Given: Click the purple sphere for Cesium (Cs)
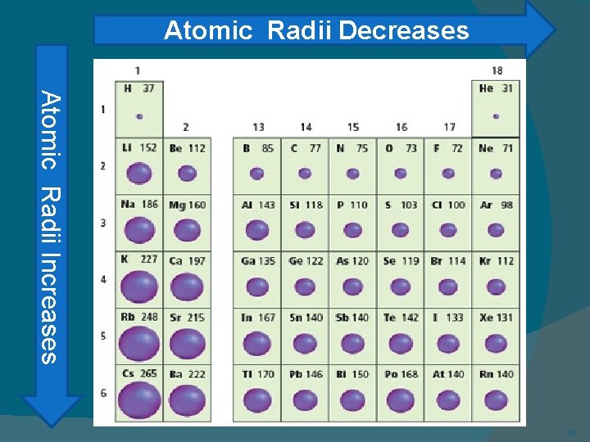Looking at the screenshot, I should [139, 399].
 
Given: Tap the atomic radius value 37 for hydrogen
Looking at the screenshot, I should [148, 88].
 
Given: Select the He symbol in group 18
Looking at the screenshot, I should [486, 88].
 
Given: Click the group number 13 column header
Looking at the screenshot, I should [258, 127].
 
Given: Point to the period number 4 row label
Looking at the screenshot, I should [103, 279].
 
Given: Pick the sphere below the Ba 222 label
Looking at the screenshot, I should [187, 399].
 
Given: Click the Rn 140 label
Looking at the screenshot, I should [496, 374].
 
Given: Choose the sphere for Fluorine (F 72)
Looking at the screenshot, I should [448, 174].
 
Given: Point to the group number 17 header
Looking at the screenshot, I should [449, 127].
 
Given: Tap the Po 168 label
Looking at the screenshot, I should [401, 374].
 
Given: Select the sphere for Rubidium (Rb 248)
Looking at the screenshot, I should [139, 343].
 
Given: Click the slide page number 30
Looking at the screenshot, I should [570, 432].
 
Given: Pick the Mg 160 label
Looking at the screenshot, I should [187, 205].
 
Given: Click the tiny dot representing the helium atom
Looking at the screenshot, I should [496, 116].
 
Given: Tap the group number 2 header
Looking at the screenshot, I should [186, 127].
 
